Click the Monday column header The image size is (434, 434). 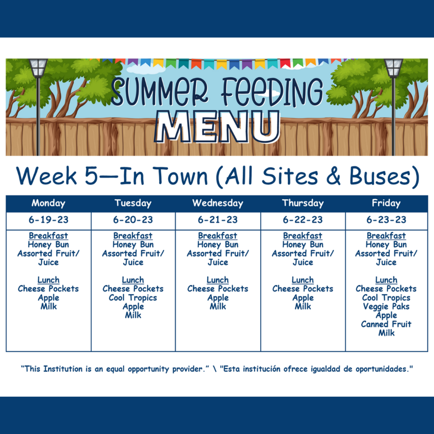[48, 203]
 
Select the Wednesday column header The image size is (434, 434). [218, 203]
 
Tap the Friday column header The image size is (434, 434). [386, 203]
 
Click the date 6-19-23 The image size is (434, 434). [48, 220]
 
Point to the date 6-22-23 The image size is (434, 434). [303, 220]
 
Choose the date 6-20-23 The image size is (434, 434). [133, 220]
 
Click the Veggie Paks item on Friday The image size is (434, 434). [386, 307]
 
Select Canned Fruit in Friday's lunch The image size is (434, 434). [386, 324]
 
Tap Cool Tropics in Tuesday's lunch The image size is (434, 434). [133, 298]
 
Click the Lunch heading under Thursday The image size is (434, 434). [303, 280]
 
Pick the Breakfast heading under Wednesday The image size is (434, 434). [218, 236]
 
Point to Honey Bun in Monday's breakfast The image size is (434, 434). [48, 245]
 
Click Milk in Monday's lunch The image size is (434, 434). [48, 306]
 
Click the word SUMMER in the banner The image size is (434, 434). [160, 92]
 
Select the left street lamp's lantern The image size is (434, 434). [38, 68]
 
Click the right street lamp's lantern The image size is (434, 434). [393, 68]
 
